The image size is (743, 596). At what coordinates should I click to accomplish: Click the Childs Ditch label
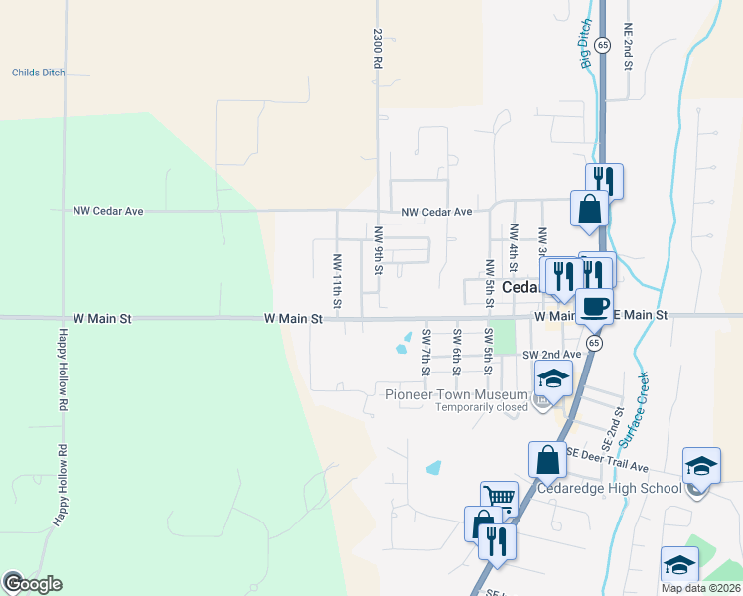click(37, 73)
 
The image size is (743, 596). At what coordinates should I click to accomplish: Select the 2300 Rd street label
click(378, 47)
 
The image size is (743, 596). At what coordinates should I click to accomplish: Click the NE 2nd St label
click(628, 46)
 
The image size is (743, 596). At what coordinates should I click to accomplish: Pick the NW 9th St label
click(378, 250)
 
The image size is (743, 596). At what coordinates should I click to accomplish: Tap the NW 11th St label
click(337, 279)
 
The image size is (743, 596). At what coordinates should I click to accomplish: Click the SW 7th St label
click(425, 351)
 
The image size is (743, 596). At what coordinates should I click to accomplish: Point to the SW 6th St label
click(456, 351)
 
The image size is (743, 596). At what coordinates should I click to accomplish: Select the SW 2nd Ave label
click(551, 355)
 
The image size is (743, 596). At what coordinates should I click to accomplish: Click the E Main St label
click(642, 315)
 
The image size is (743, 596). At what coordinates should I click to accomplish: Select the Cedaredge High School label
click(609, 488)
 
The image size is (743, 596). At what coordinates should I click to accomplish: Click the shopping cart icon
click(499, 498)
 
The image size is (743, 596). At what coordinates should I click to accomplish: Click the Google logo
click(32, 584)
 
